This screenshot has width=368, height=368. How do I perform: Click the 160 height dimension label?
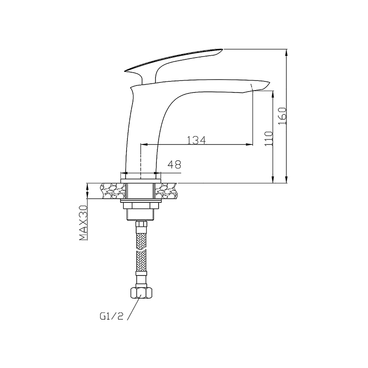[x=283, y=116]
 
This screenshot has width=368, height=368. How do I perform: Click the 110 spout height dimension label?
[x=269, y=138]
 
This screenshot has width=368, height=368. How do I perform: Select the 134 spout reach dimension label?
[x=197, y=140]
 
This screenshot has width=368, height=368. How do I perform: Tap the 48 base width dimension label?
[x=174, y=165]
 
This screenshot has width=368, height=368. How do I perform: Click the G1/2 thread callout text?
[x=111, y=316]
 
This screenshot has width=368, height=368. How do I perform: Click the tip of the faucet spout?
[x=269, y=83]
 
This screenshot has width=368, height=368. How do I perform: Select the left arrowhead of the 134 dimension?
[x=144, y=144]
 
